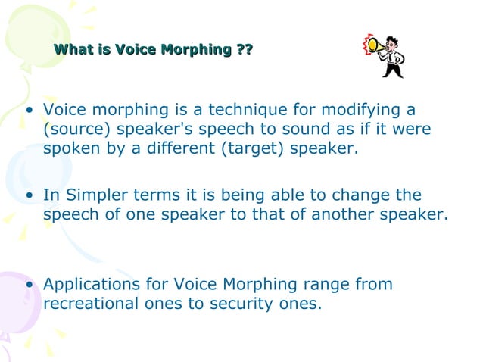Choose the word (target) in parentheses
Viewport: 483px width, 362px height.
(x=250, y=148)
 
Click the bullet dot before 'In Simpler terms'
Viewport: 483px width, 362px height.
(x=30, y=196)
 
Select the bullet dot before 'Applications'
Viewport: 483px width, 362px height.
(x=30, y=286)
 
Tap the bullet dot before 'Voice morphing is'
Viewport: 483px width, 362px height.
(x=30, y=111)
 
